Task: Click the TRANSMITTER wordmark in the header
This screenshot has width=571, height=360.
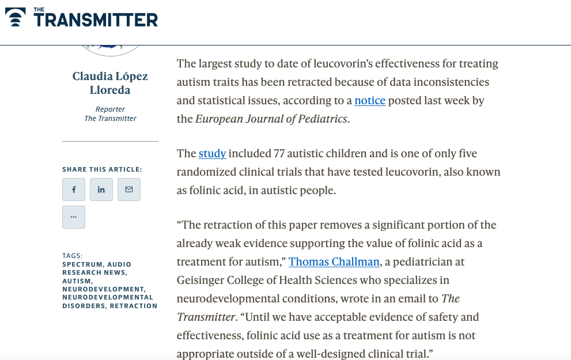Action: pos(96,20)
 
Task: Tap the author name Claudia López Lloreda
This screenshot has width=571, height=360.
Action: pos(110,83)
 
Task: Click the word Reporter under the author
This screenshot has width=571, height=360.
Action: pos(110,109)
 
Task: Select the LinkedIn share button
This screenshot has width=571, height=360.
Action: pos(101,190)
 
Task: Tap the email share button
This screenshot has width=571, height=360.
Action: pos(129,190)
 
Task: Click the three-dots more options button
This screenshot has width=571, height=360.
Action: pos(74,217)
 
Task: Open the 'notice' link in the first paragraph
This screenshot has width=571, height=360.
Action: pos(370,100)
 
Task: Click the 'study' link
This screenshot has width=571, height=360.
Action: pos(212,153)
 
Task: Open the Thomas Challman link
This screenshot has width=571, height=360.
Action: pos(334,262)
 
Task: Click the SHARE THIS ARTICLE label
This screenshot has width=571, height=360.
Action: pos(102,169)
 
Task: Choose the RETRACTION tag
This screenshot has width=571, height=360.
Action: pos(134,306)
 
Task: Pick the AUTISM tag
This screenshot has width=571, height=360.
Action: pos(77,281)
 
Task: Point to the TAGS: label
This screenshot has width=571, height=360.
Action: pos(73,256)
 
